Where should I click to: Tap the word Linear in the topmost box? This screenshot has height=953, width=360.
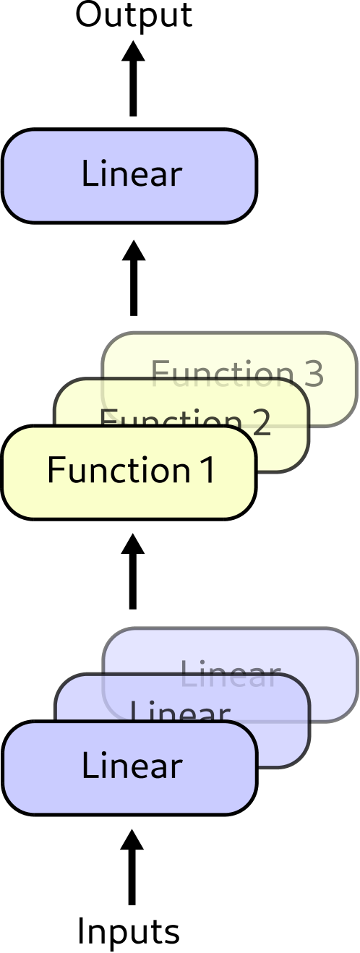pos(131,174)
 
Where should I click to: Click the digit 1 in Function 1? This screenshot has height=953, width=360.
pos(208,470)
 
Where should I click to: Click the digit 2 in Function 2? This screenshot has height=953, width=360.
pos(261,421)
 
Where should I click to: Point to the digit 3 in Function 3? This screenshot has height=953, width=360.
pos(313,374)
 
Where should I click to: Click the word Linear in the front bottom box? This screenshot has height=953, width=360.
pos(131,766)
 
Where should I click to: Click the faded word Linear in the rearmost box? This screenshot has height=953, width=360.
pos(230,675)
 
